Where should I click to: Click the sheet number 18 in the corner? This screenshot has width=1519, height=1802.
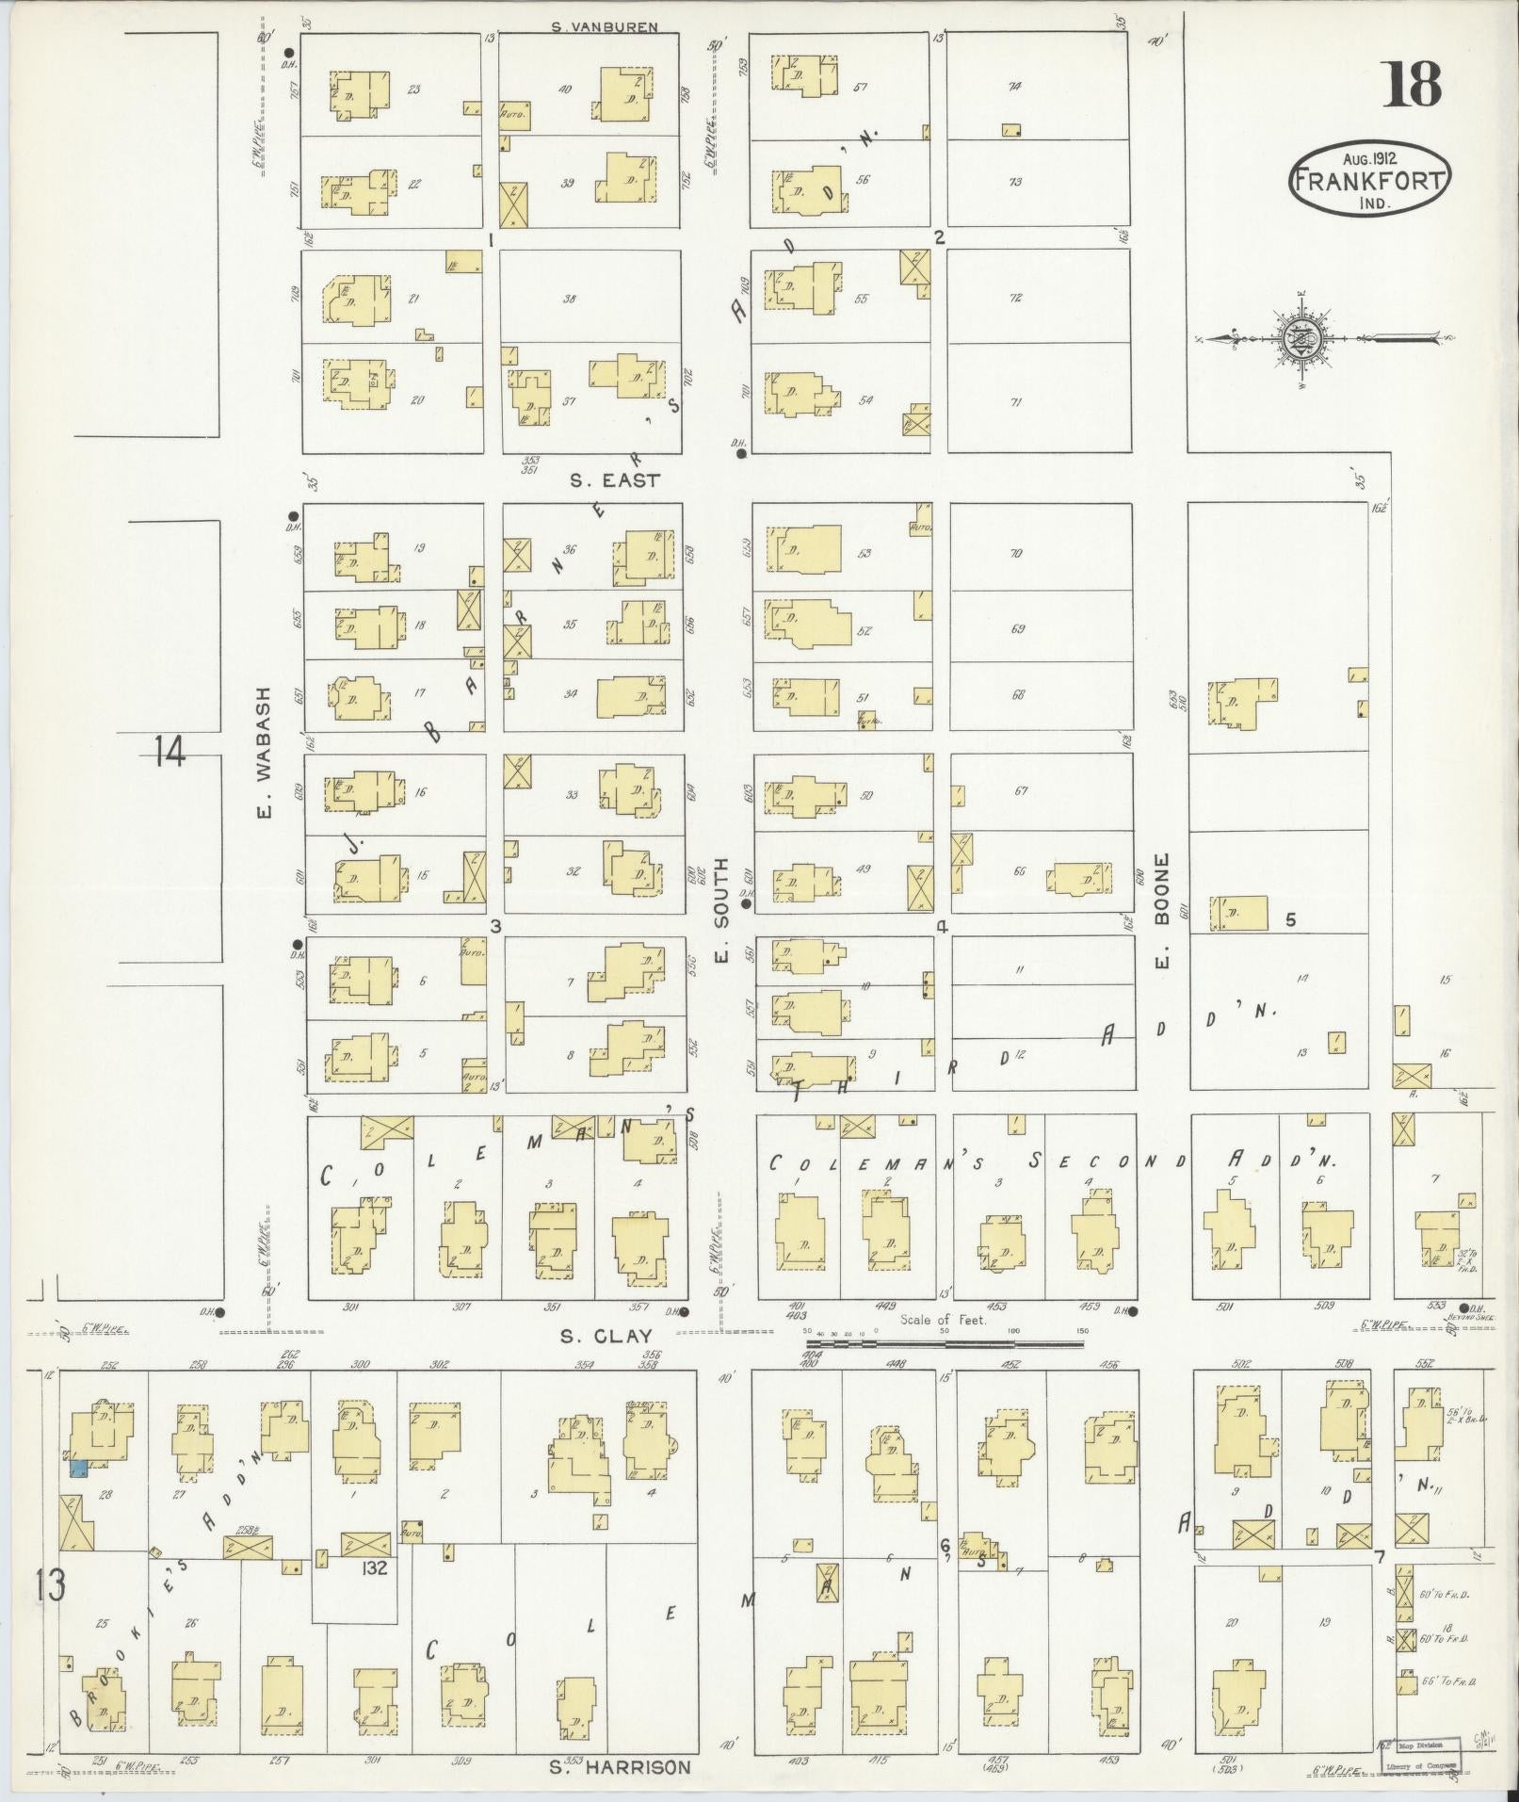pyautogui.click(x=1413, y=84)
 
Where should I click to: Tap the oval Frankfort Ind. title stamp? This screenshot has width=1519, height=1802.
pyautogui.click(x=1370, y=178)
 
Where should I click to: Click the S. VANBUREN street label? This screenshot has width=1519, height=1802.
pyautogui.click(x=604, y=27)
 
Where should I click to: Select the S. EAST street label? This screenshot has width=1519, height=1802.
pyautogui.click(x=615, y=480)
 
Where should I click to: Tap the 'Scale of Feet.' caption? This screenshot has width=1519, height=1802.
pyautogui.click(x=943, y=1320)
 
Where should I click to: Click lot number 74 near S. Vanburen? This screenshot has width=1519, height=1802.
pyautogui.click(x=1014, y=87)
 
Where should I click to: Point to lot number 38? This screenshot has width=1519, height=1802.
pyautogui.click(x=569, y=299)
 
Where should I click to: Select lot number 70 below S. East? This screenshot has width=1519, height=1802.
pyautogui.click(x=1016, y=554)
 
